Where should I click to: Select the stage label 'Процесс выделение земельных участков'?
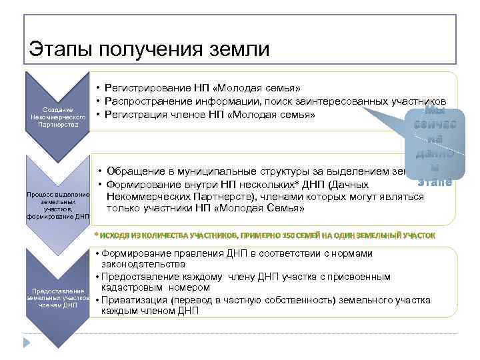click(57, 204)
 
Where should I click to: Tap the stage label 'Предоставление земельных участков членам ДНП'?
click(58, 299)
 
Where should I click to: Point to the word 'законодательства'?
click(139, 265)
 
